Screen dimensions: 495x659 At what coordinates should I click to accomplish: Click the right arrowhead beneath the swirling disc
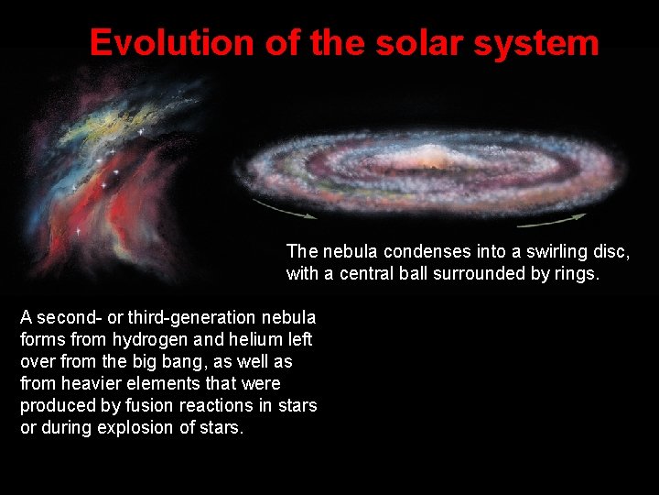coord(580,216)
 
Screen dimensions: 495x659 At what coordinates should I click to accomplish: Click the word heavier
coord(102,383)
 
